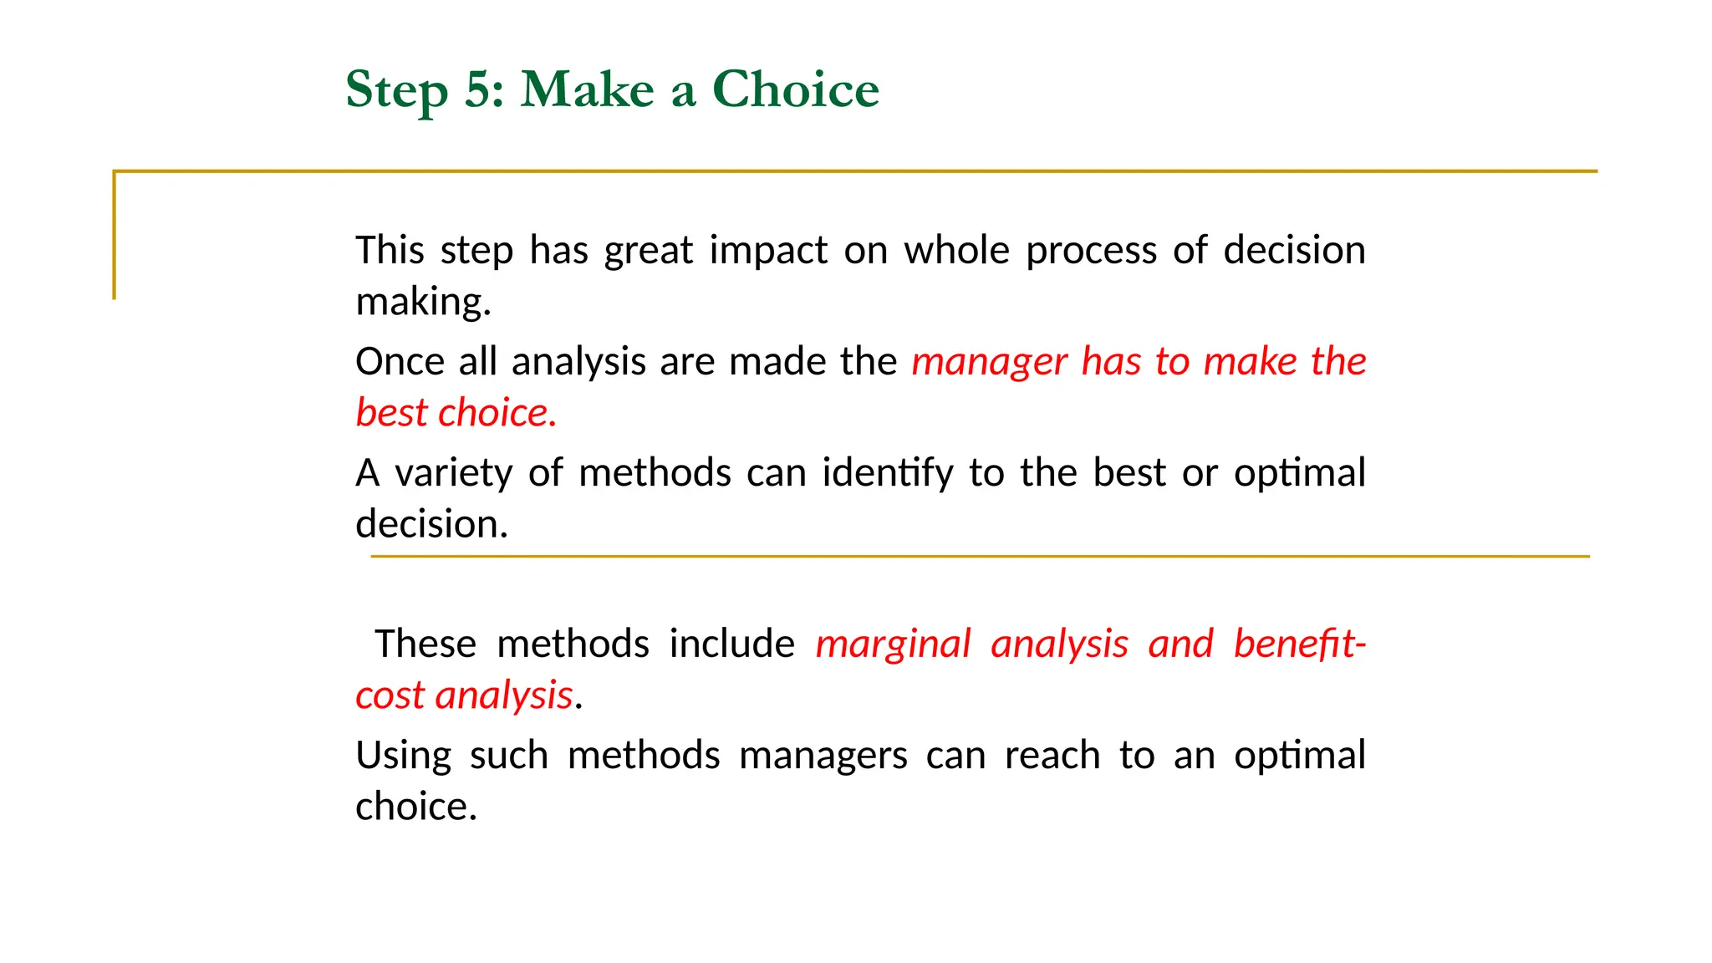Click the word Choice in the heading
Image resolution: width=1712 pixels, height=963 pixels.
[795, 89]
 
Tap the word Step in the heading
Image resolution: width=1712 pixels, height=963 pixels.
[396, 90]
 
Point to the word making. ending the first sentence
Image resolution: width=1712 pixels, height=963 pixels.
[423, 302]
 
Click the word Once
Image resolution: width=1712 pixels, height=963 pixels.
[400, 362]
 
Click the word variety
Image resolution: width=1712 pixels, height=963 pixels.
[452, 474]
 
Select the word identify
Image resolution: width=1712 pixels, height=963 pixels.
[887, 474]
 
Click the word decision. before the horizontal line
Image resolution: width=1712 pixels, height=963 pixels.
[431, 524]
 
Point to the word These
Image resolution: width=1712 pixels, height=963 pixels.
[425, 645]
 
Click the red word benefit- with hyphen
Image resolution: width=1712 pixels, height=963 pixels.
[1299, 645]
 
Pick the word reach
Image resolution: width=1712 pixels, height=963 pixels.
[1052, 756]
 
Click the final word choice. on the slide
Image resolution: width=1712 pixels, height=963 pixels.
[415, 807]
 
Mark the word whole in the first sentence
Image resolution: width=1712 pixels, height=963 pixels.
[956, 251]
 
